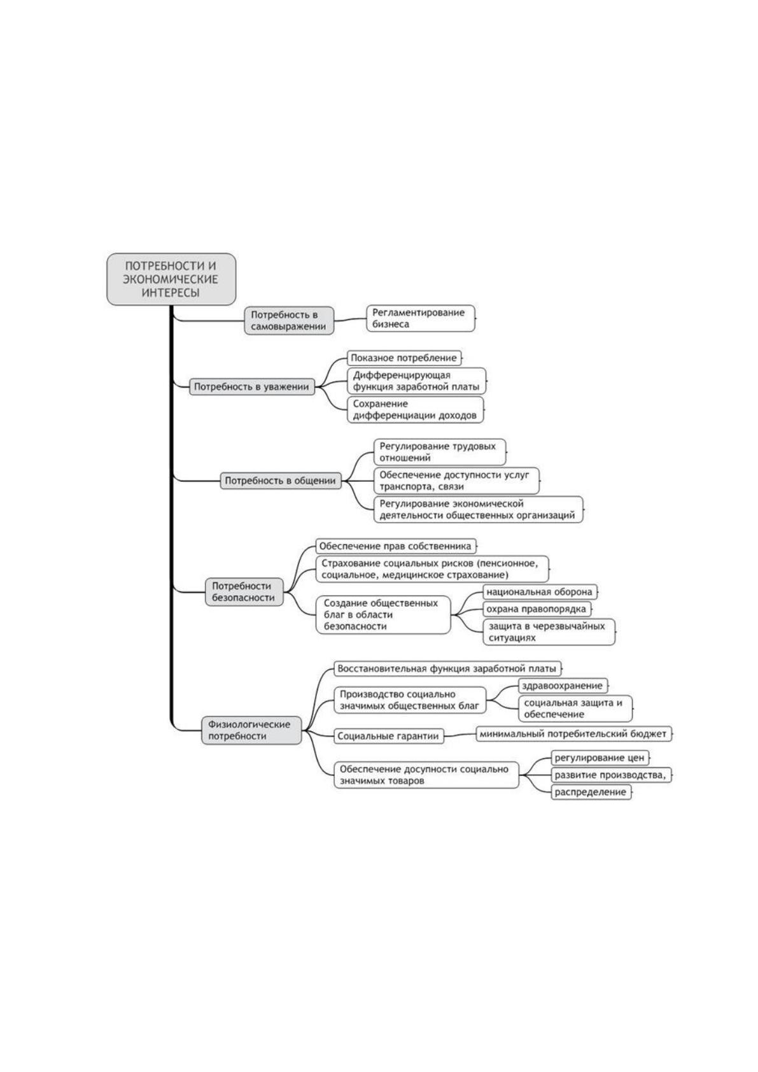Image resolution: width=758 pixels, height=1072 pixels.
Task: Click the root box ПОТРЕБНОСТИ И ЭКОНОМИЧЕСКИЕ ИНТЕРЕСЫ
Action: point(171,279)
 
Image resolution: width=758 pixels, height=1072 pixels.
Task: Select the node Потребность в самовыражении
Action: point(289,321)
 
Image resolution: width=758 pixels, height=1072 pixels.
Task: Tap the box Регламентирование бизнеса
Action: point(421,318)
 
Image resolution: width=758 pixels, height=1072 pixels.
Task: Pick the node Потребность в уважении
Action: point(252,386)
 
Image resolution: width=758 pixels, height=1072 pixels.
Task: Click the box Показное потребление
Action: point(404,358)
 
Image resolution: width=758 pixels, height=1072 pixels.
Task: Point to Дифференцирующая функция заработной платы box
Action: point(416,381)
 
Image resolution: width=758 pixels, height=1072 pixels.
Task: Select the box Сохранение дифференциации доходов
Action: point(416,410)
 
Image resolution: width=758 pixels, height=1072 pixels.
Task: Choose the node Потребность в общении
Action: point(281,481)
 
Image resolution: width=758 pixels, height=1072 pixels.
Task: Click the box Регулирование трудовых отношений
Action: point(439,452)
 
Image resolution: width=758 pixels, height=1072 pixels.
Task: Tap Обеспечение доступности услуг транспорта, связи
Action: point(456,481)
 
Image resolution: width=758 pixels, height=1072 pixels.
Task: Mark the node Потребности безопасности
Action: point(244,592)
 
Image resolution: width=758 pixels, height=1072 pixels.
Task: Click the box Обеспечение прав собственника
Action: point(396,546)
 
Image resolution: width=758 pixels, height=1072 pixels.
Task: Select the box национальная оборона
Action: point(540,592)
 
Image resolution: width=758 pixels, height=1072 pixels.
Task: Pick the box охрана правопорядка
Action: point(537,609)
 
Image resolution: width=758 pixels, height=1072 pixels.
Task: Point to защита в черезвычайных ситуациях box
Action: point(549,631)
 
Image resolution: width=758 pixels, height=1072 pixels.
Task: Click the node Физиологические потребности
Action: point(251,730)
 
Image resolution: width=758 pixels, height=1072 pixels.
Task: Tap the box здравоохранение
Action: point(563,686)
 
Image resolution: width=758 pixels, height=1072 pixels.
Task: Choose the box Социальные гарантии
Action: point(389,736)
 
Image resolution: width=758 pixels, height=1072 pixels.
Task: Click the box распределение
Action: point(591,792)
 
